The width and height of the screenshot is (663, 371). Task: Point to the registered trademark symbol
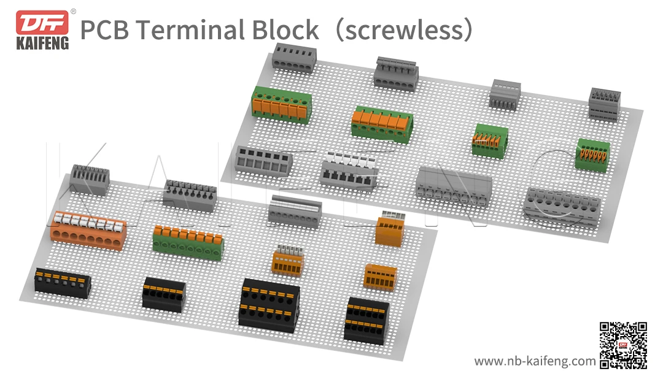click(x=73, y=11)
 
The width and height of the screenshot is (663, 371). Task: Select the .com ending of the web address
click(x=583, y=361)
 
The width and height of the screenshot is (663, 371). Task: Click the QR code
click(x=623, y=345)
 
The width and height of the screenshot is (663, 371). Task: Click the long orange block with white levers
click(x=88, y=229)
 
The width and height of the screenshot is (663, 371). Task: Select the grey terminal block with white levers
click(x=351, y=169)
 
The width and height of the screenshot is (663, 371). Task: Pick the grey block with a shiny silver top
click(x=295, y=212)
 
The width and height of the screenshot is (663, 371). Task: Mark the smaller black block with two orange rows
click(x=366, y=319)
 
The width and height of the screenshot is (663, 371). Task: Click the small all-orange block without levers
click(x=380, y=275)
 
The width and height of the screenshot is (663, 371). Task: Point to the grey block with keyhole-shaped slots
click(x=454, y=183)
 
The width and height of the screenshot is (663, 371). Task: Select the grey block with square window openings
click(x=265, y=161)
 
